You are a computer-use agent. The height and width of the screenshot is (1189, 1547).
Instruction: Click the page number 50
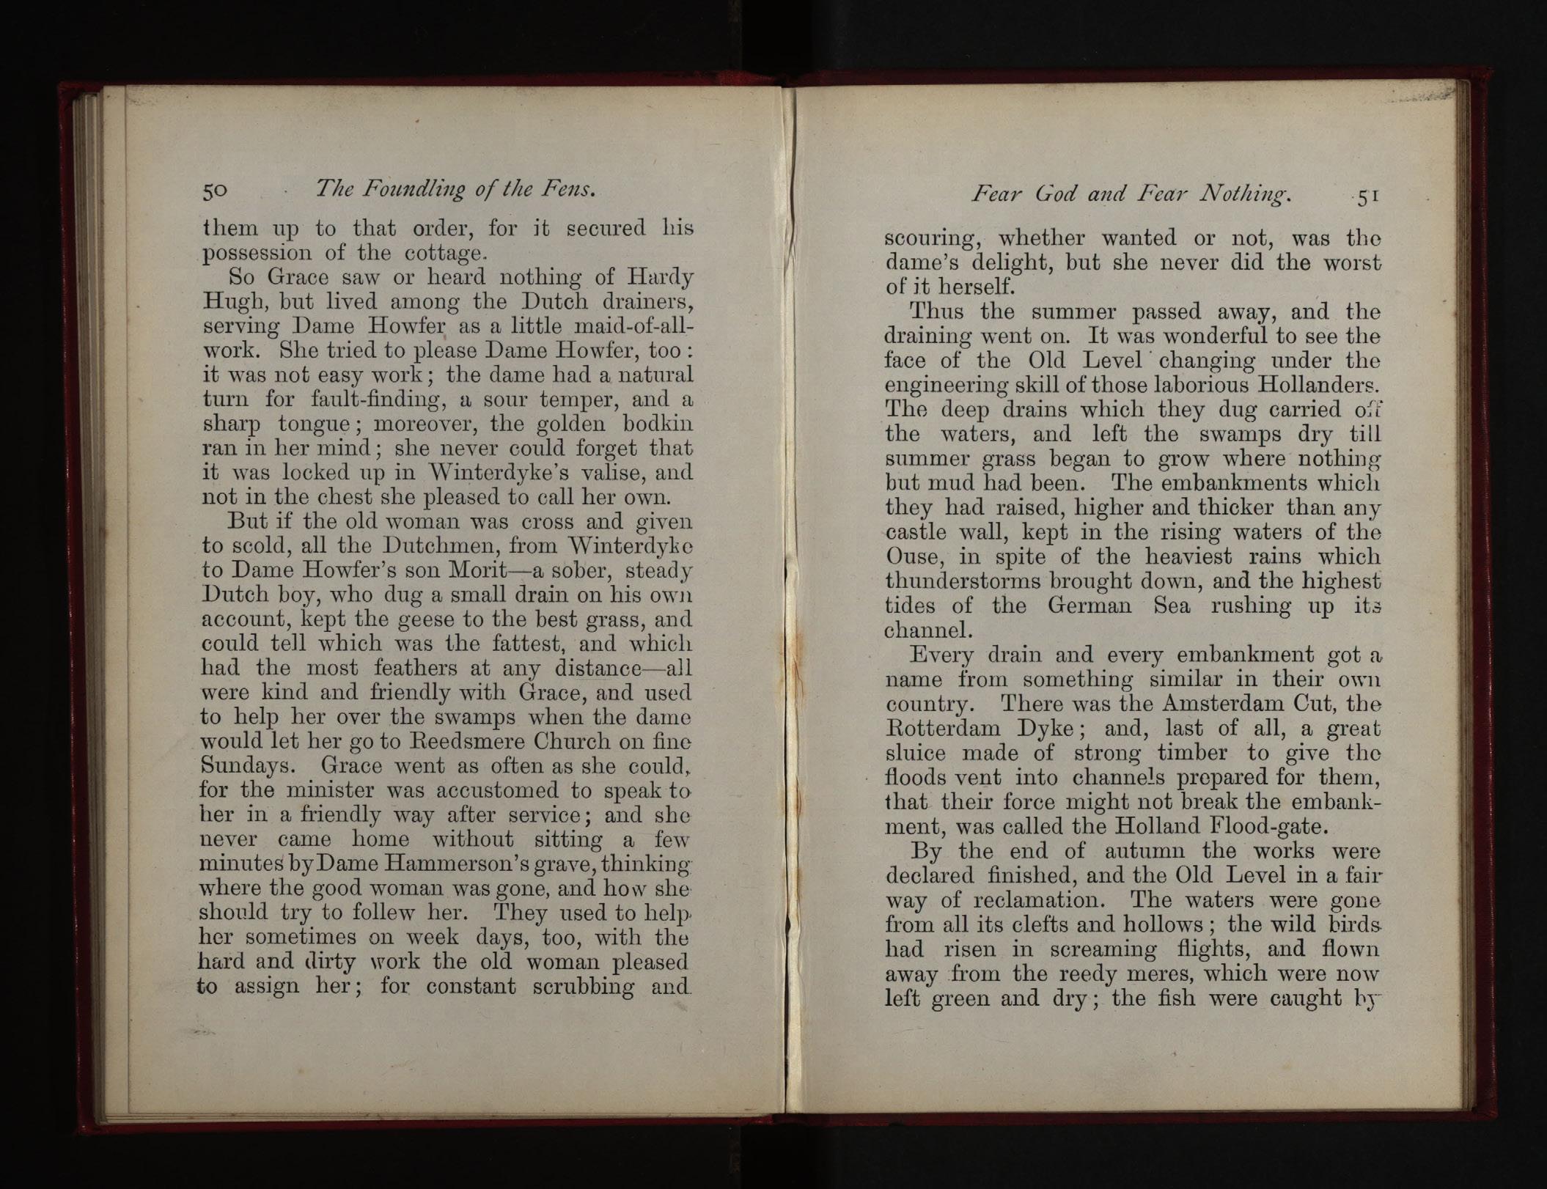pos(216,191)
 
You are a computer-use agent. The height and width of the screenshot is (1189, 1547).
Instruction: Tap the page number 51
pos(1368,197)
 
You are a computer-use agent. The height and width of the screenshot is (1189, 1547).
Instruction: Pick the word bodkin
pos(657,424)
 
